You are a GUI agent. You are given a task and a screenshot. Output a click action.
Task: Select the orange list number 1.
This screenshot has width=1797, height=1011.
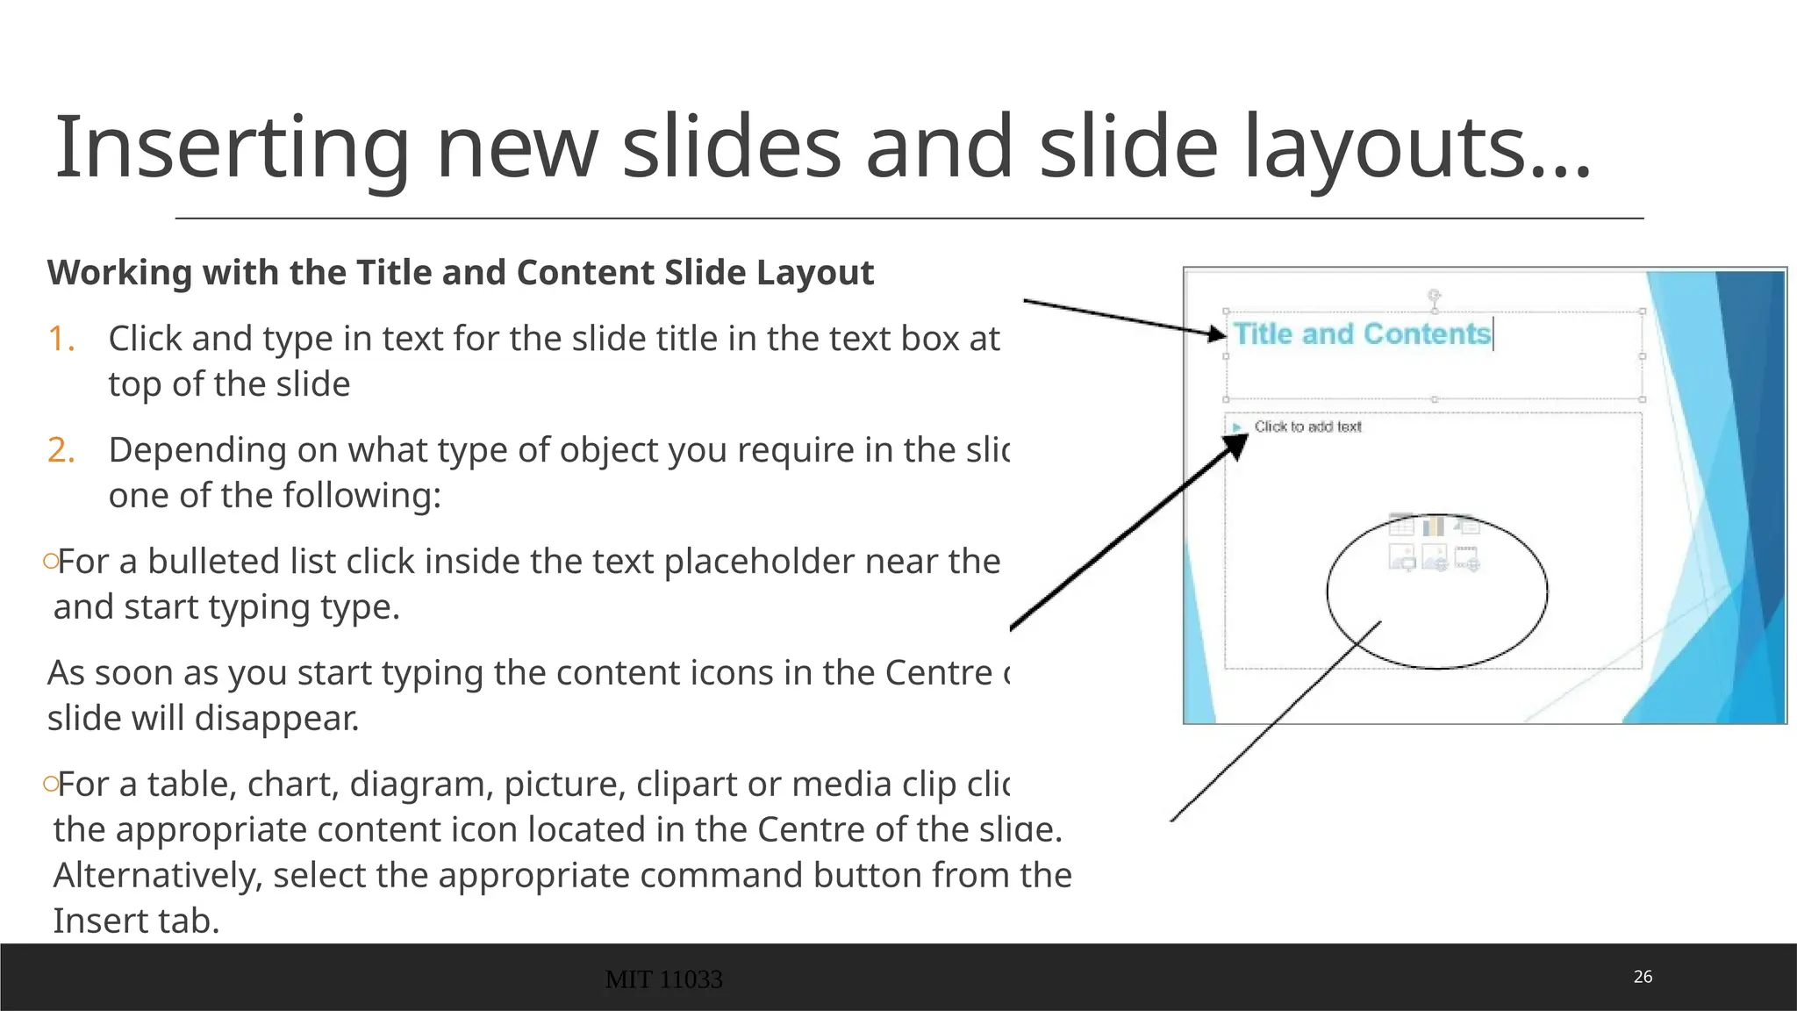61,339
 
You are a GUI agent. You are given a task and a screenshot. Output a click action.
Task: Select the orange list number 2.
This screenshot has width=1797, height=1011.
61,450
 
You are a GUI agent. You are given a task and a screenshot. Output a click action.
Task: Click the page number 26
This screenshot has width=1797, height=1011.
1643,977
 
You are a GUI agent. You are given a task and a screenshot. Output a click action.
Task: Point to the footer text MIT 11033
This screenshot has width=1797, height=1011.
663,979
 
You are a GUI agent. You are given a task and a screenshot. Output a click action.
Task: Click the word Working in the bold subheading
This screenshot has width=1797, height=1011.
119,273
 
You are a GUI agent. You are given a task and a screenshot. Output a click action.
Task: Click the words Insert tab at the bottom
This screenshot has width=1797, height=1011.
136,921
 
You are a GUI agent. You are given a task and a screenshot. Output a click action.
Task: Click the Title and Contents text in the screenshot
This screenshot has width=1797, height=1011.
1362,334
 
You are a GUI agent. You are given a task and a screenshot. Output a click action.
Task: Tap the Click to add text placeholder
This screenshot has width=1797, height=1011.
1307,427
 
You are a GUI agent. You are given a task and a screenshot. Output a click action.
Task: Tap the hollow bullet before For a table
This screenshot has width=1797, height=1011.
50,783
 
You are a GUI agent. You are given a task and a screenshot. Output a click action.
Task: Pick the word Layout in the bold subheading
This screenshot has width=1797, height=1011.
815,273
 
